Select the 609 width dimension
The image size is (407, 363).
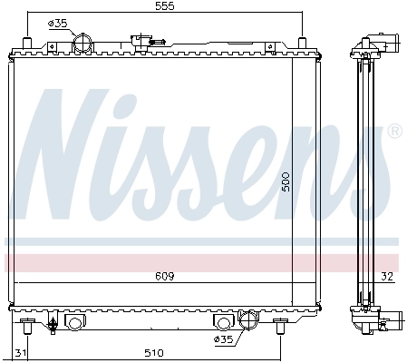[164, 275]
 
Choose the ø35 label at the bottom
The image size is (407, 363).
[224, 339]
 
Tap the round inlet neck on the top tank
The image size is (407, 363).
[82, 43]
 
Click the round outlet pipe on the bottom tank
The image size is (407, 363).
[247, 321]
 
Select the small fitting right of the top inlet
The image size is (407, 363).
[141, 40]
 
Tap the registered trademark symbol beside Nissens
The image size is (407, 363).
[393, 132]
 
